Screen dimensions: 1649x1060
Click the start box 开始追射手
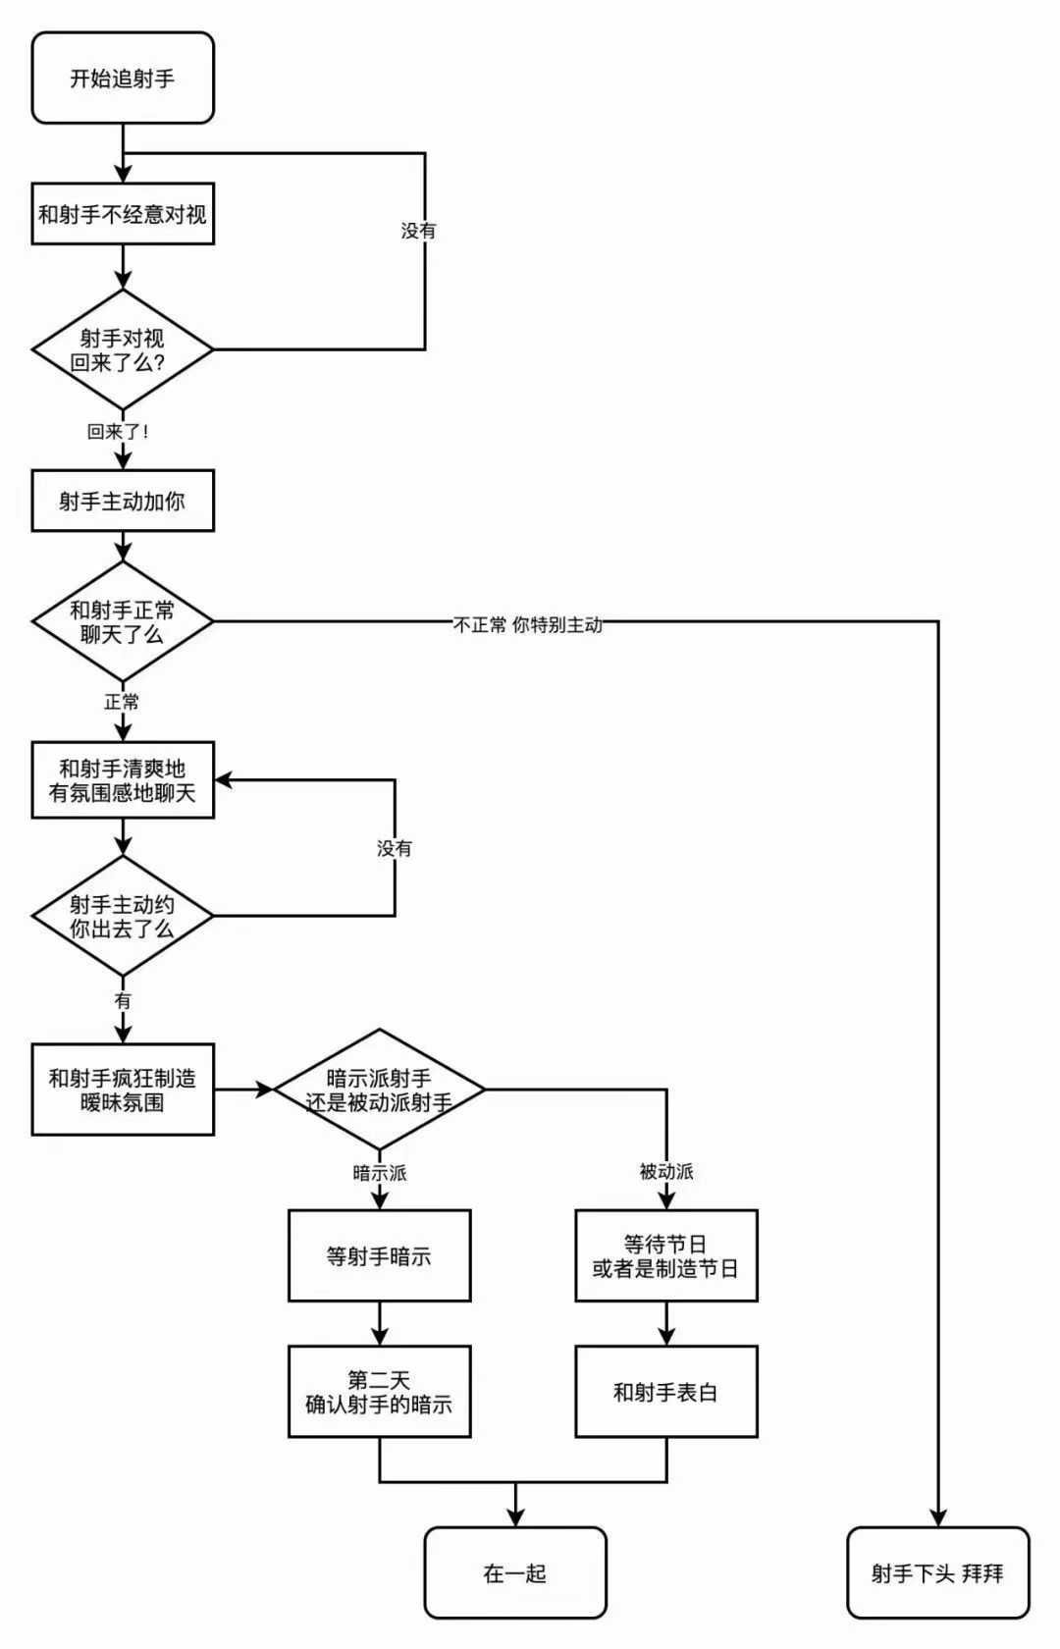tap(123, 79)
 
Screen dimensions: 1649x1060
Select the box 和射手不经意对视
tap(123, 214)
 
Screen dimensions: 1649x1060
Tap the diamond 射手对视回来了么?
tap(123, 349)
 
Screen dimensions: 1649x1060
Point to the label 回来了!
tap(118, 432)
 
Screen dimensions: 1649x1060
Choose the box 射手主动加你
tap(123, 502)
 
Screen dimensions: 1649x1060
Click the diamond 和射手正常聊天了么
tap(123, 621)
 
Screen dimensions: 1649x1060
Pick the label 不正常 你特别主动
tap(528, 625)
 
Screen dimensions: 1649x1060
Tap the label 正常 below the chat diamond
tap(123, 703)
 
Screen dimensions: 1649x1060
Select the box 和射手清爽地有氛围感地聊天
tap(123, 780)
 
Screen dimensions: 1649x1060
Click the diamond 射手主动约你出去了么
tap(123, 916)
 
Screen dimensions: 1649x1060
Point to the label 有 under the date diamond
tap(123, 1001)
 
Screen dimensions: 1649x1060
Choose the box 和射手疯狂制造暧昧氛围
tap(123, 1090)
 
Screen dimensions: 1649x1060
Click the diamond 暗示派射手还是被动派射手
tap(380, 1090)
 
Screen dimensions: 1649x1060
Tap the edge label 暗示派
tap(380, 1173)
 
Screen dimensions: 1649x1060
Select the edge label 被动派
tap(666, 1172)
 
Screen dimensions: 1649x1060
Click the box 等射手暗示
tap(380, 1256)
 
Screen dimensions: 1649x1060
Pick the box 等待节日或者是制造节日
tap(666, 1256)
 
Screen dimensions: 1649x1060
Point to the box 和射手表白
tap(666, 1392)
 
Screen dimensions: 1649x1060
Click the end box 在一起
tap(515, 1573)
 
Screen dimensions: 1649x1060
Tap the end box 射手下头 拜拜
tap(938, 1573)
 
